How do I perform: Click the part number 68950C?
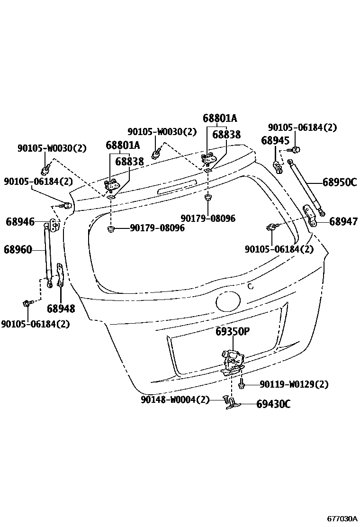coord(339,182)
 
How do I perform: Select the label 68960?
coord(18,249)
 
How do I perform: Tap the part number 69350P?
coord(232,332)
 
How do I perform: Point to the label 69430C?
coord(273,404)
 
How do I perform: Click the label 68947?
coord(343,221)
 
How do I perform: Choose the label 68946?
coord(20,221)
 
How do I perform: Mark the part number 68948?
coord(61,309)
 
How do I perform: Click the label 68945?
coord(275,141)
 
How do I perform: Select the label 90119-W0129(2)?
coord(294,384)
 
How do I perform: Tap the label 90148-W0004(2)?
coord(175,400)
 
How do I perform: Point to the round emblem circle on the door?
coord(229,300)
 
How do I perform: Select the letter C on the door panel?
coord(251,286)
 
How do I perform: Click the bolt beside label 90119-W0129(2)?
coord(241,384)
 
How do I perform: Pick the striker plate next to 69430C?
coord(234,404)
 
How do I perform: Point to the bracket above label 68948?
coord(60,275)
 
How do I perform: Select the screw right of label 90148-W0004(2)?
coord(226,400)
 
